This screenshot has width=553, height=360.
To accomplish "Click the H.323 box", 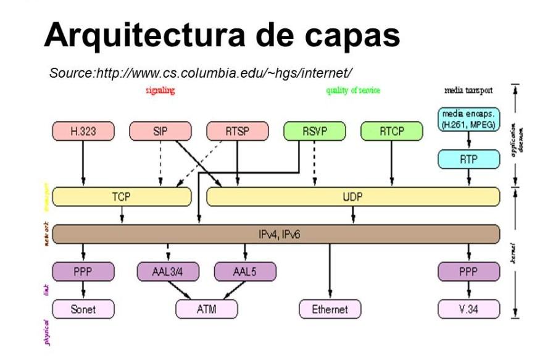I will tap(83, 132).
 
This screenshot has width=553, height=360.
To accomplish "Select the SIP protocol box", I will tap(160, 132).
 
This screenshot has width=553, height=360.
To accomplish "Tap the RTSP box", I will tap(237, 132).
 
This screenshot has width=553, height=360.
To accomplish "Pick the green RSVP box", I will tap(314, 132).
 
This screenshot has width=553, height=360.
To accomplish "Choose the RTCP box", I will tap(391, 132).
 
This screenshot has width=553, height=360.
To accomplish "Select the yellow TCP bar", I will tap(122, 197).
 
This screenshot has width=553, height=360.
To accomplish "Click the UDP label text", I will tap(352, 197).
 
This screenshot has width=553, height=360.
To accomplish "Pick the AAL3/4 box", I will tap(168, 271).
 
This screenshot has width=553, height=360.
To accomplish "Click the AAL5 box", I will tap(245, 271).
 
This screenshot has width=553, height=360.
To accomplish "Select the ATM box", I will tap(206, 309).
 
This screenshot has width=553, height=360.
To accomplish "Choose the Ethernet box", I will tap(330, 309).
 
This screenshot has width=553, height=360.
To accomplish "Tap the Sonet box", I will tap(83, 309).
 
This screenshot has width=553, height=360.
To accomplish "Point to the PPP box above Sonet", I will tap(83, 271).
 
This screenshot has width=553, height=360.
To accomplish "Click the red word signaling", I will tap(160, 91).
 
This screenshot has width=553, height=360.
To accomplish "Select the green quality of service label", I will tap(353, 91).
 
